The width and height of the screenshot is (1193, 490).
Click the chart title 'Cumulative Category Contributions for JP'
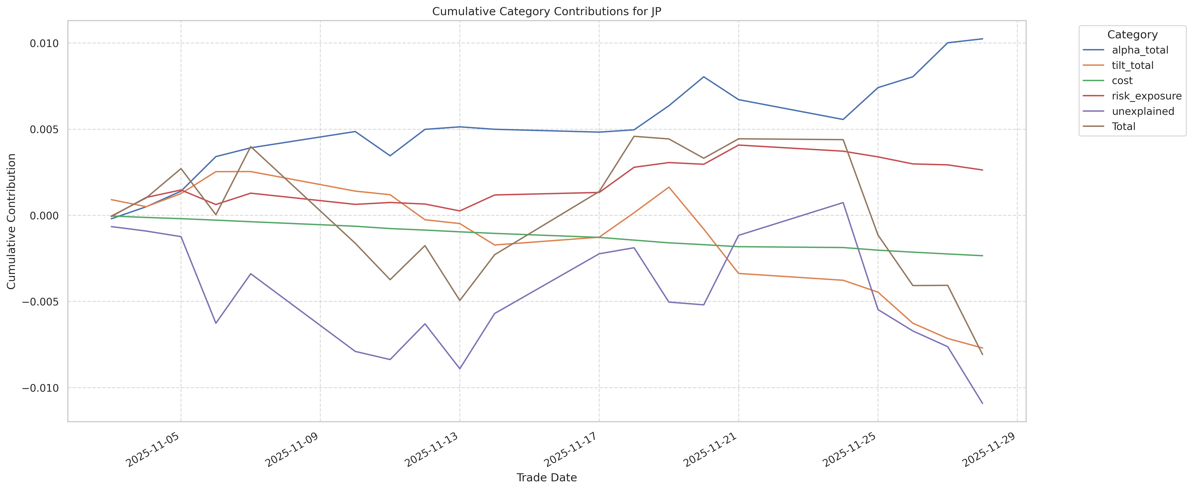pos(547,12)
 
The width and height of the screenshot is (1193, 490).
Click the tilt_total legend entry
pos(1132,65)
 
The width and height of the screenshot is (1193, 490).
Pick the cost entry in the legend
pos(1122,80)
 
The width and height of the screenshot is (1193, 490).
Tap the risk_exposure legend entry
pos(1146,96)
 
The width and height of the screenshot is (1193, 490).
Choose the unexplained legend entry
pos(1143,111)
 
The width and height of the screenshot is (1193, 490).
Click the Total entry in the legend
pos(1123,126)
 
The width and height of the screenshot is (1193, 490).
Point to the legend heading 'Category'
pos(1132,35)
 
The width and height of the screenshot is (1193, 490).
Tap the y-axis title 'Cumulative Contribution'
pos(12,221)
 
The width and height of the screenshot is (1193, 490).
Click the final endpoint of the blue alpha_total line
pos(982,39)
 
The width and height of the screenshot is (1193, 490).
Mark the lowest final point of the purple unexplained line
pos(982,404)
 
